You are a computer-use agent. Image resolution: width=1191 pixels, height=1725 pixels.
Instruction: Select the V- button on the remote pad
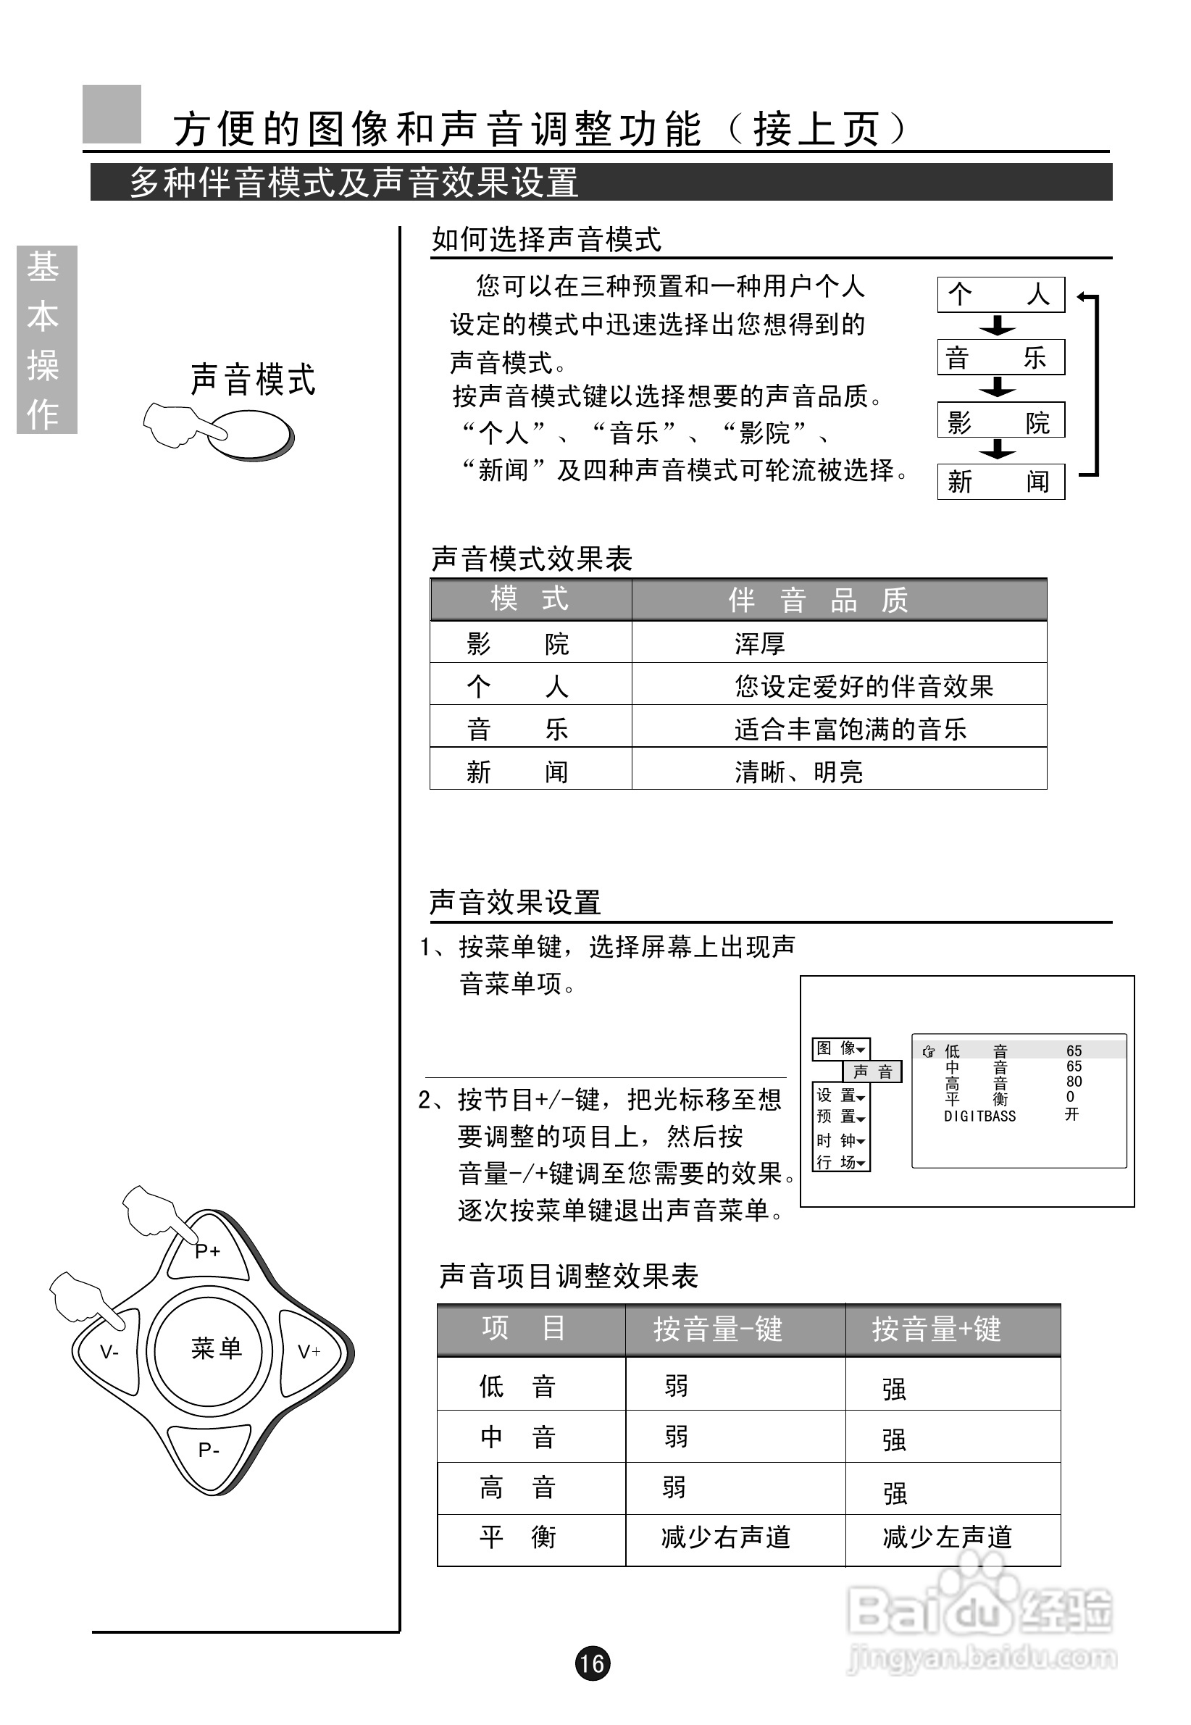109,1352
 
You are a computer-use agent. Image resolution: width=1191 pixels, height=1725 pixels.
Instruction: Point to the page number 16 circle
593,1663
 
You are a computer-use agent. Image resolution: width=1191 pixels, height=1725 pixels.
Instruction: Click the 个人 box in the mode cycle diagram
1000,295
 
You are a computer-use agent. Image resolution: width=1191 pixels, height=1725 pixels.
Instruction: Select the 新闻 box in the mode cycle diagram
1000,482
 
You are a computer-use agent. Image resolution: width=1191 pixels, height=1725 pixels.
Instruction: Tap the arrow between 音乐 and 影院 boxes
998,387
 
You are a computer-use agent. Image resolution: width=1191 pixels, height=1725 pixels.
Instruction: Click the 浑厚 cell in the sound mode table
760,643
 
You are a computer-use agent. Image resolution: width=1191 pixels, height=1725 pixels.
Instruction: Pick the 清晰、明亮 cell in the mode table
798,772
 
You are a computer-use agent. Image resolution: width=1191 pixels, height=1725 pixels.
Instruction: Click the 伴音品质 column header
818,600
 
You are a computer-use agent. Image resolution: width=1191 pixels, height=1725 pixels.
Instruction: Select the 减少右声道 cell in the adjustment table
725,1537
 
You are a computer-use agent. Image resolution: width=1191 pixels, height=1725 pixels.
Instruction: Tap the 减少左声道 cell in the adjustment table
947,1537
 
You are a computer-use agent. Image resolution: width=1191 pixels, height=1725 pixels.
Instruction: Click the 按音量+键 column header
937,1329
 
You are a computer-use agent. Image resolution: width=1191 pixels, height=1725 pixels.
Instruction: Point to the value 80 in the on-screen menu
1074,1081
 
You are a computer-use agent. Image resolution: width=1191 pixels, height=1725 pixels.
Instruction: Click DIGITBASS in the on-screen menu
979,1116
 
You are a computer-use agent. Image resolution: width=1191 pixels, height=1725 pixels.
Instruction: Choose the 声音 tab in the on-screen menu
872,1072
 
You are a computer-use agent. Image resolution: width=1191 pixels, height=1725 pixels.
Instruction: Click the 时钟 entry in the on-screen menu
840,1141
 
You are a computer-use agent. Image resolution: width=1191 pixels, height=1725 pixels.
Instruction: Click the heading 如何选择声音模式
546,241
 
